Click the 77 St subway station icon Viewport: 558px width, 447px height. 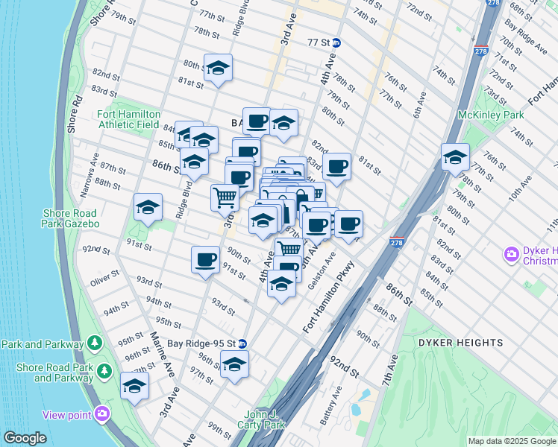point(336,42)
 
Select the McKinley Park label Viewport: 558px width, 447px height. point(492,115)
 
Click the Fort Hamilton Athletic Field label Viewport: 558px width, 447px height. point(128,119)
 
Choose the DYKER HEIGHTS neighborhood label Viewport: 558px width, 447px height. point(460,342)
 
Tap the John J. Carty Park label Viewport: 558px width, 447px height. point(265,419)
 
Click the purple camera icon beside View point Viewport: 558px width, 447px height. point(101,414)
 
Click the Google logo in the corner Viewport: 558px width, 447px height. point(25,438)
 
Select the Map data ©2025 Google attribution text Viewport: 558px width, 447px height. point(511,441)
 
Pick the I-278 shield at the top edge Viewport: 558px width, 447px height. point(492,3)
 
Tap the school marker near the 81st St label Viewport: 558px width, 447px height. point(218,69)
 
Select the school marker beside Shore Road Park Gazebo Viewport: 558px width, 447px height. point(148,208)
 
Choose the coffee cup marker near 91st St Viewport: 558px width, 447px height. point(205,260)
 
